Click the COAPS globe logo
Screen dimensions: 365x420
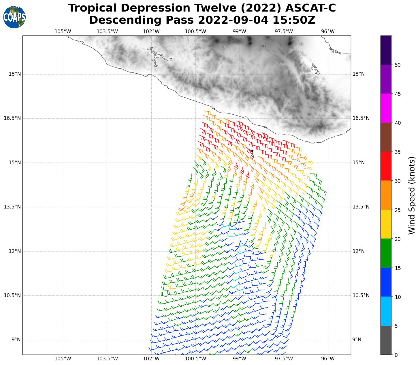coord(14,17)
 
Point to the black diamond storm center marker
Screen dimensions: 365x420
coord(252,151)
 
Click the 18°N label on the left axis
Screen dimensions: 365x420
coord(15,74)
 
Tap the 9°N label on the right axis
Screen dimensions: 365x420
coord(357,340)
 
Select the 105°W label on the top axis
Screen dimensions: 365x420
coord(63,31)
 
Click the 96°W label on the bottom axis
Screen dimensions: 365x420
coord(328,359)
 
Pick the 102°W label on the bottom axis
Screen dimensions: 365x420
coord(151,359)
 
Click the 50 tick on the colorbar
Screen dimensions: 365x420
coord(398,65)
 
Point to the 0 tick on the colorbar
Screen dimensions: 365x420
coord(396,355)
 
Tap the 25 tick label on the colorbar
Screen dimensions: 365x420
coord(398,210)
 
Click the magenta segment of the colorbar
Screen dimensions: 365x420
coord(386,108)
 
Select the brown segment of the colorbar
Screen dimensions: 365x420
coord(386,137)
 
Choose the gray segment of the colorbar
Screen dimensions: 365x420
coord(386,340)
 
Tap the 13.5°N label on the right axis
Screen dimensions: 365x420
coord(361,207)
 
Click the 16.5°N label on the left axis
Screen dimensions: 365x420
coord(13,118)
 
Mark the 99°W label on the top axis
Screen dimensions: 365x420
coord(239,31)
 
